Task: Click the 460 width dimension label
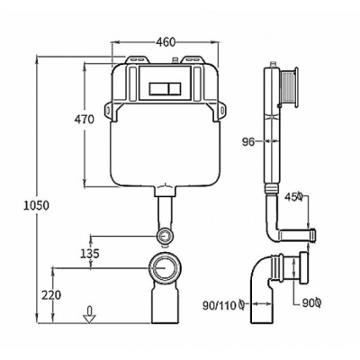(166, 42)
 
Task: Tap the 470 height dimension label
(84, 119)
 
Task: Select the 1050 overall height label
(36, 205)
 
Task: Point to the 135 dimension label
(89, 254)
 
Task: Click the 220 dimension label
(51, 295)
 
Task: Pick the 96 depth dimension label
(248, 141)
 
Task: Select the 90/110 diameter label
(224, 305)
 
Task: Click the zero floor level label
(89, 310)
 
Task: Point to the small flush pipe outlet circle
(164, 236)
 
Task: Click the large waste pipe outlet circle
(164, 268)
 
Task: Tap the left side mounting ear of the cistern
(108, 111)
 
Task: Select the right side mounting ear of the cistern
(220, 111)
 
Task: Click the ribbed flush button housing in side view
(288, 87)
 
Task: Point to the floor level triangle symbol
(89, 319)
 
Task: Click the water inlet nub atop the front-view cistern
(175, 60)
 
